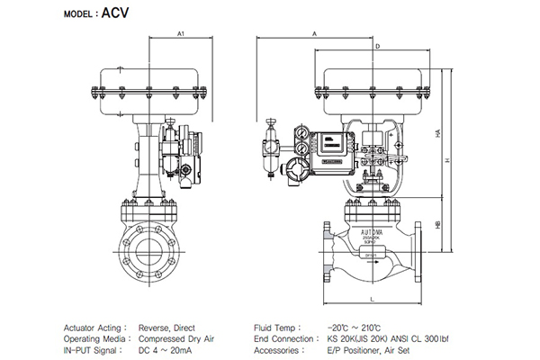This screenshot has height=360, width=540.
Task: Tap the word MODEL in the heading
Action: [78, 14]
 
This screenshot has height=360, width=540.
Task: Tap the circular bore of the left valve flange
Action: [145, 248]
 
